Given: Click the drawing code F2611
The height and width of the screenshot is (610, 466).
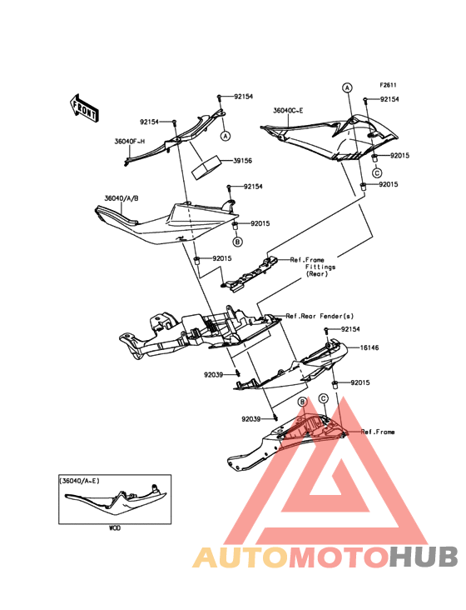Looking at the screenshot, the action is tap(388, 85).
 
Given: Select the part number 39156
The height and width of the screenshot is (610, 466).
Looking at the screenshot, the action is tap(242, 161).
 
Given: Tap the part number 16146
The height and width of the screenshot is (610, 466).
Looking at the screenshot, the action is tap(369, 347).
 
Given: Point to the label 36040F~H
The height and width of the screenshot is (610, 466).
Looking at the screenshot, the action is tap(129, 141).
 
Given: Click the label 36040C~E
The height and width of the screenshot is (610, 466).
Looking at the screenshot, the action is tap(288, 111).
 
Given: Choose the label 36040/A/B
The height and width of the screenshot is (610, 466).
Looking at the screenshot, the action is tap(121, 198).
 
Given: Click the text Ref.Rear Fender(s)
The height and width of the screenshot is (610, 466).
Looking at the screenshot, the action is tap(320, 317).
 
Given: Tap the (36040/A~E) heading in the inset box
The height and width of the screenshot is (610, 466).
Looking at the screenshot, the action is tap(79, 481).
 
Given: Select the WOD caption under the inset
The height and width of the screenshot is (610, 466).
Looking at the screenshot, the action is tap(115, 527).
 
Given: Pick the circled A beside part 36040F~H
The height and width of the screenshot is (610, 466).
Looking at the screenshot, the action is tap(226, 136).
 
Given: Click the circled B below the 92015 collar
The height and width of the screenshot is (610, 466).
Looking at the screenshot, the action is tap(237, 242).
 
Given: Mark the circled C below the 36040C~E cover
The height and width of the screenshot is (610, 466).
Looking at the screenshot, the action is tap(376, 172).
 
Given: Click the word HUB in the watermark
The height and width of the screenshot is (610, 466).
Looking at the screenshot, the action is tap(424, 557).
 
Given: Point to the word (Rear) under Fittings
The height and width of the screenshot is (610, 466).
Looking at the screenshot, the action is tap(317, 274).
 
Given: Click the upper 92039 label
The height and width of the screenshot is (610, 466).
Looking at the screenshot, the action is tap(213, 375).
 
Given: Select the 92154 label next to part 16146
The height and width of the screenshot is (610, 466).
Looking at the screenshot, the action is tap(350, 329).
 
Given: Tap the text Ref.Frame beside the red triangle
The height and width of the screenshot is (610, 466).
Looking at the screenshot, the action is tap(378, 432).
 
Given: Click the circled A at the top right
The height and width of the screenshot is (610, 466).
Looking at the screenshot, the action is tap(347, 87).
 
